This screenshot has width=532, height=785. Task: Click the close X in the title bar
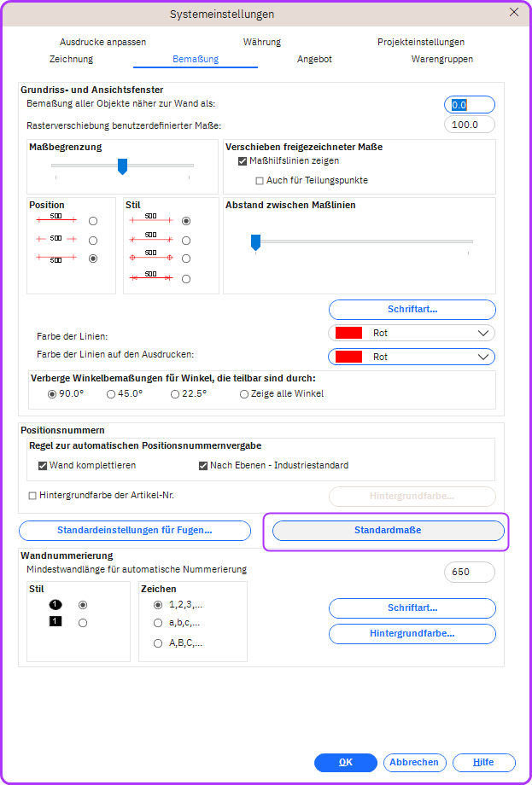(513, 13)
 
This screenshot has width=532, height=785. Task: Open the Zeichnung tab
(71, 59)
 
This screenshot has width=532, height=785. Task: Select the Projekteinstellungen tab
(420, 42)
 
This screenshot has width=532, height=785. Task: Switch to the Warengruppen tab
(441, 59)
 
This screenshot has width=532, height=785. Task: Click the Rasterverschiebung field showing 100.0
(469, 125)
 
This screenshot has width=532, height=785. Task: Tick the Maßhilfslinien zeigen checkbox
(243, 160)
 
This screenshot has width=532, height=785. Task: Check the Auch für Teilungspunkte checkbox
(260, 180)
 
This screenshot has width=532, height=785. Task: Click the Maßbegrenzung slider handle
(122, 166)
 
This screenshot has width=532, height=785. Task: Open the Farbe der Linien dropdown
(411, 333)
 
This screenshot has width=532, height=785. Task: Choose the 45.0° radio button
(111, 394)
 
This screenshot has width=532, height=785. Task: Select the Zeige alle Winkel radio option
(244, 394)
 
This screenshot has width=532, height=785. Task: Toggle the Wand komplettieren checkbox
(43, 466)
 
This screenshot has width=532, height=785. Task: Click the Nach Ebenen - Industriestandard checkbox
(203, 466)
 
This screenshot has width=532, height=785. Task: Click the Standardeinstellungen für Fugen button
(135, 531)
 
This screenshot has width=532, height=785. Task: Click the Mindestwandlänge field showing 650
(469, 572)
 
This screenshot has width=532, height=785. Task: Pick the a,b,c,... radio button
(158, 623)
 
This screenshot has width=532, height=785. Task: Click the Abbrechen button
(414, 763)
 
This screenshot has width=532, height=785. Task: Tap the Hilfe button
(483, 763)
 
